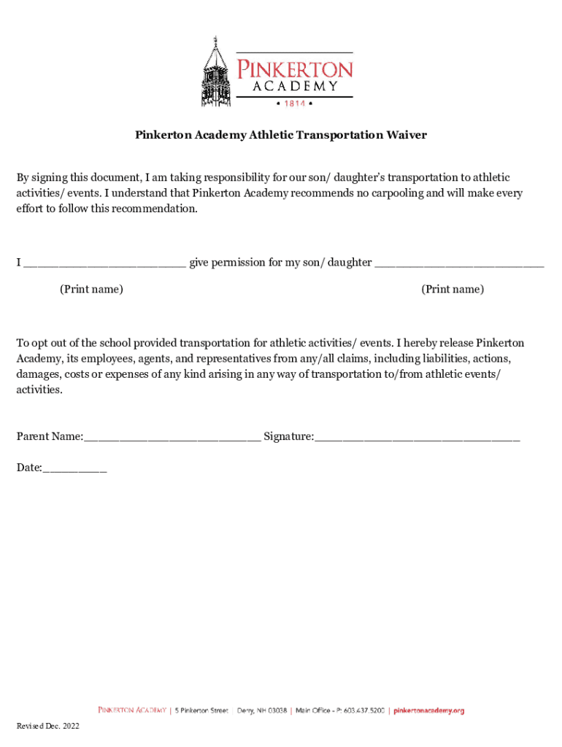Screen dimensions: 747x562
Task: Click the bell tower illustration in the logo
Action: (218, 73)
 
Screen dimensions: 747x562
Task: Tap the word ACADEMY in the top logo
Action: (296, 86)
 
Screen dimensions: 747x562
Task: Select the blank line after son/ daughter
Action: (459, 264)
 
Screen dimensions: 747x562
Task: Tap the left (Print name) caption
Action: (91, 290)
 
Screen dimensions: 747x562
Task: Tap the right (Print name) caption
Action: (453, 290)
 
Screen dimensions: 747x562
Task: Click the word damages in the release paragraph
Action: (38, 374)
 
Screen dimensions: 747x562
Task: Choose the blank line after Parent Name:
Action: (172, 438)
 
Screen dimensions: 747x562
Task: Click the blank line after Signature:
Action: (417, 438)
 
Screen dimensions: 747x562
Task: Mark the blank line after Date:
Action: (74, 470)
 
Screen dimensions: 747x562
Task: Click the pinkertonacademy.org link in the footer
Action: (429, 711)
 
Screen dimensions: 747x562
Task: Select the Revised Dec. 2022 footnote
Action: (48, 727)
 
